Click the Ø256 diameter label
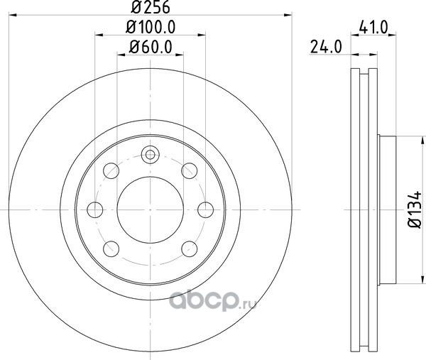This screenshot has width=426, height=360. coord(151,7)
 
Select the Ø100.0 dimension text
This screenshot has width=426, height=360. coord(151,27)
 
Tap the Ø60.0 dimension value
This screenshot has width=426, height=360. coord(151,47)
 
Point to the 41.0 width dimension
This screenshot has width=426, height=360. coord(373,28)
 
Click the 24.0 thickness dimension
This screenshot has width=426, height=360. coord(326,47)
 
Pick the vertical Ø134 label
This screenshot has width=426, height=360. coord(415,209)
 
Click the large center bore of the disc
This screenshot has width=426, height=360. coord(151,209)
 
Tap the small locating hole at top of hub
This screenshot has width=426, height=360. coord(151,155)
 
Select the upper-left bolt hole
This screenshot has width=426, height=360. coord(111,170)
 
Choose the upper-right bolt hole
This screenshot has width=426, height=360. coord(190,170)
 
